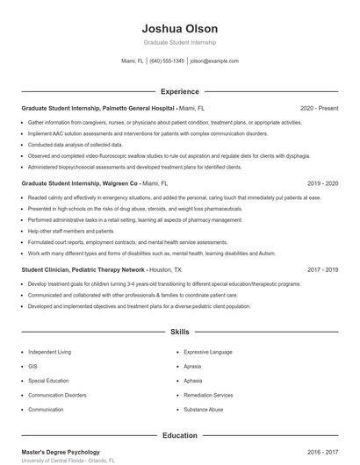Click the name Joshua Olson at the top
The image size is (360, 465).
[x=179, y=28]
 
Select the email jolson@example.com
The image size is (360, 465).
[x=214, y=61]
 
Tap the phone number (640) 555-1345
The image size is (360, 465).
[x=167, y=61]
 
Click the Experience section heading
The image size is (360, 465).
[x=179, y=91]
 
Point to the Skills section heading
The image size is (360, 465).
[x=179, y=333]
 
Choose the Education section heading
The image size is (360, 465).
[x=179, y=434]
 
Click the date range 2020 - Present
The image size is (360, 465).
[x=319, y=109]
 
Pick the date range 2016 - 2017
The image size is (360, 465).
[x=322, y=452]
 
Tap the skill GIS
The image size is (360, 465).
[x=32, y=367]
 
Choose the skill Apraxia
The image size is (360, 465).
[x=193, y=367]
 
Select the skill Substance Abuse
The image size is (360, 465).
[x=204, y=409]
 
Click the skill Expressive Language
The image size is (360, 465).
[x=208, y=352]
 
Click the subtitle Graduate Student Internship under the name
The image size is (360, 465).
[x=179, y=42]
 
